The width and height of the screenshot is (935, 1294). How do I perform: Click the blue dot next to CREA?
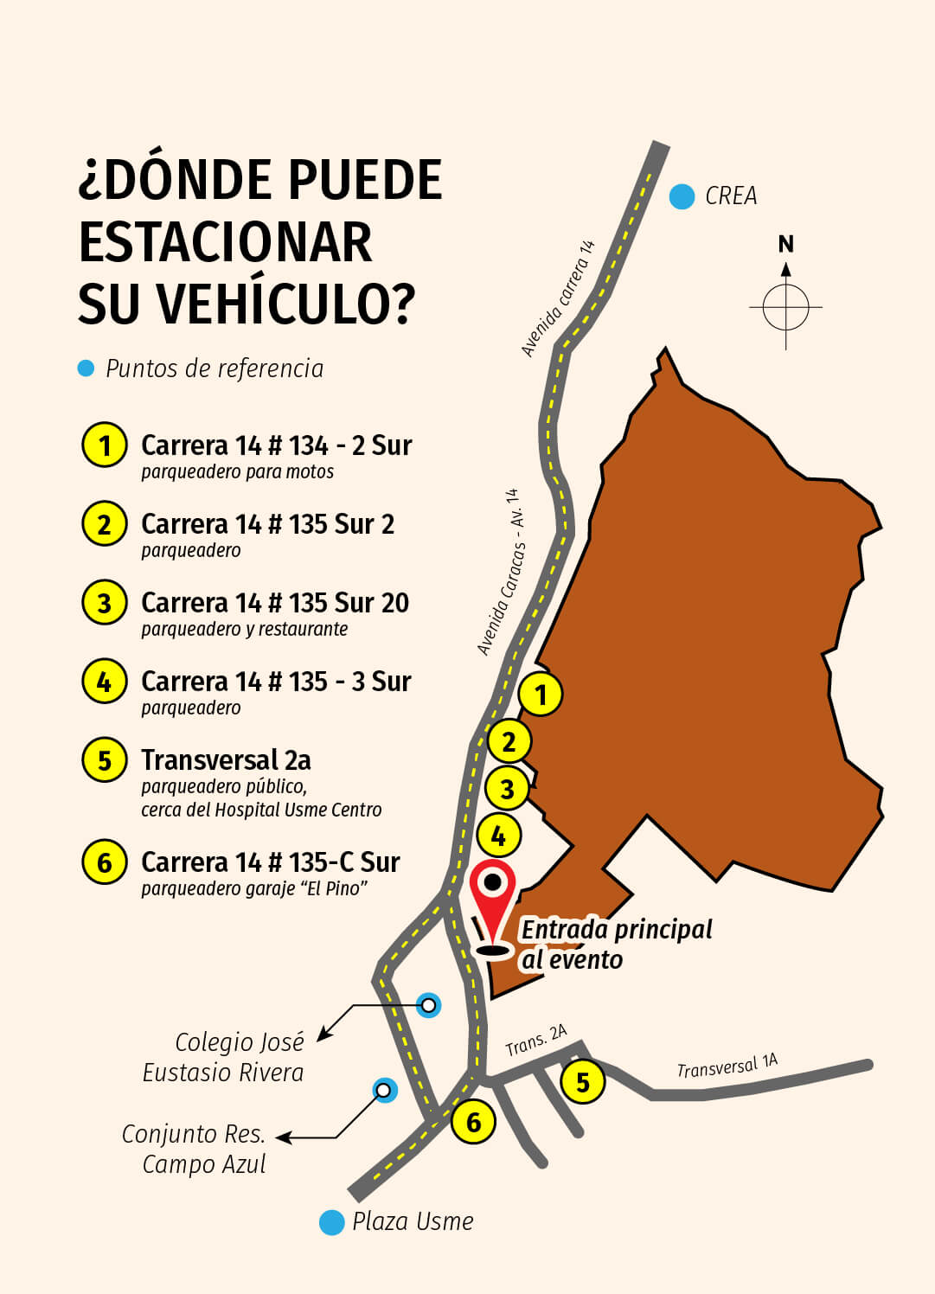tap(682, 196)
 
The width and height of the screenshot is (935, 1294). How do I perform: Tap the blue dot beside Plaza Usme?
tap(332, 1222)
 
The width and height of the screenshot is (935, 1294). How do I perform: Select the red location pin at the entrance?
tap(493, 900)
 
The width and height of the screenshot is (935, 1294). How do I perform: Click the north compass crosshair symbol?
tap(785, 306)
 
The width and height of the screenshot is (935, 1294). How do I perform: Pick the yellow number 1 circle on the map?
tap(541, 694)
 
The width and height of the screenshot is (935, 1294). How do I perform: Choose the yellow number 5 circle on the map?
tap(582, 1081)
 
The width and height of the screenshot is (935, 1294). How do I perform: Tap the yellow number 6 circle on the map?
tap(473, 1122)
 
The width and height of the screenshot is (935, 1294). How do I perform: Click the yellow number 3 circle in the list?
tap(105, 602)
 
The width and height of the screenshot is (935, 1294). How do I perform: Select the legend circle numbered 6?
tap(105, 862)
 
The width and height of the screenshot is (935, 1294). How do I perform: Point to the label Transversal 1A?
tap(727, 1067)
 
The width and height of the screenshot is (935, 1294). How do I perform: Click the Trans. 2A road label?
tap(535, 1041)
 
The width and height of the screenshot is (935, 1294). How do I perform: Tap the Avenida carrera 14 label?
tap(558, 299)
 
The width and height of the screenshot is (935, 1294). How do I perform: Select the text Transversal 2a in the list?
tap(226, 759)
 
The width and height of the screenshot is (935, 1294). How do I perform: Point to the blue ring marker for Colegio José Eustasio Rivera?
tap(428, 1005)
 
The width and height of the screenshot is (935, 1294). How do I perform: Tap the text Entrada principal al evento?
tap(615, 944)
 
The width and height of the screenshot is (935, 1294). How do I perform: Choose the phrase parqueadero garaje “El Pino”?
tap(254, 888)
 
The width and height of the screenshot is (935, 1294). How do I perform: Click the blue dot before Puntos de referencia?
tap(86, 368)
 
